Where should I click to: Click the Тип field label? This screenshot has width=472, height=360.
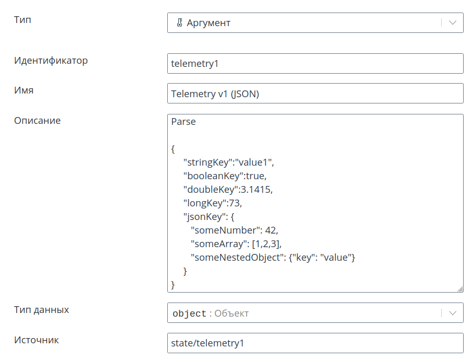(22, 20)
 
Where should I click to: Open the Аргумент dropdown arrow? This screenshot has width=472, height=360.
(453, 22)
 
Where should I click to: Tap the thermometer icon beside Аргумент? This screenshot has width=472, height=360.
(179, 22)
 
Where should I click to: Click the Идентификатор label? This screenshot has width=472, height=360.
(51, 61)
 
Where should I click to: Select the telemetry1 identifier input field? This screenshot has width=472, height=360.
(315, 64)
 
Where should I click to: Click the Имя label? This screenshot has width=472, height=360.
(24, 90)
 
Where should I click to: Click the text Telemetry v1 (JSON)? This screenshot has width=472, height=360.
(215, 94)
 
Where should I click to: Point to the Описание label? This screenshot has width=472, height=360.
(37, 121)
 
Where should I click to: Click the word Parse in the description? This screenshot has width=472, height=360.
(183, 122)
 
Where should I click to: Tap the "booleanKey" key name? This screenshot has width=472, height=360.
(213, 176)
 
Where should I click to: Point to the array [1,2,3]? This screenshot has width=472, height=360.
(266, 244)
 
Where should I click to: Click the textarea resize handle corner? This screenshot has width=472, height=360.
(460, 289)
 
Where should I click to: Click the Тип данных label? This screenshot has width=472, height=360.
(41, 310)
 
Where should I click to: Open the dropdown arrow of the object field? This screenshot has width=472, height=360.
(453, 313)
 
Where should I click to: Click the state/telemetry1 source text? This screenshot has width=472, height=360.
(208, 343)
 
